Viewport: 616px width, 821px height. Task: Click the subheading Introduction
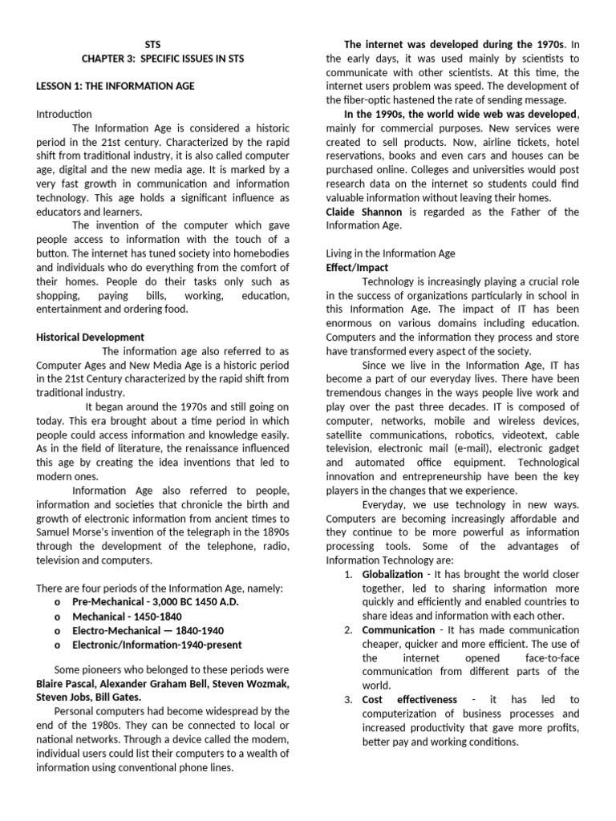pos(64,115)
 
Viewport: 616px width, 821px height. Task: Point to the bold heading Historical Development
pos(91,338)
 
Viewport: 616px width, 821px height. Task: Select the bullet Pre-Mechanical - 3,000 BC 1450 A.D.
pos(157,602)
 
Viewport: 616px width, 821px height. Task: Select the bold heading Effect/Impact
pos(357,268)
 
